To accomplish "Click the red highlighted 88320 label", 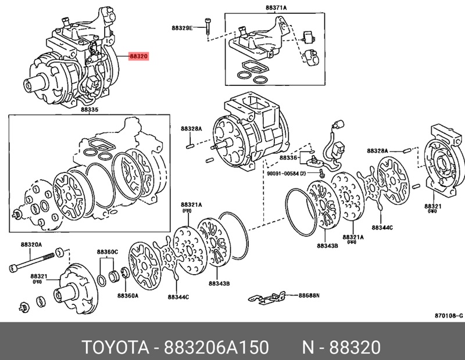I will [139, 57].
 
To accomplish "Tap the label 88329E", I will [181, 27].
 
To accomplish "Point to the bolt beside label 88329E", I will [208, 27].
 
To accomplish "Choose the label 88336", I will [288, 157].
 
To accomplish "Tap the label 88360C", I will [108, 251].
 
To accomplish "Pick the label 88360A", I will [127, 295].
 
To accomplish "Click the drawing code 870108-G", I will [448, 316].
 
